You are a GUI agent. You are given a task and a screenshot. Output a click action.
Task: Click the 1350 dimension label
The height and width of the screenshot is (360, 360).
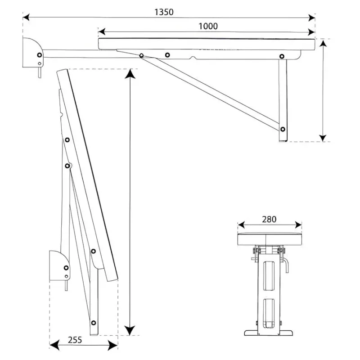click(164, 12)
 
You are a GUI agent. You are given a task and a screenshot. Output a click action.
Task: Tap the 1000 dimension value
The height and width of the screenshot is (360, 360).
click(208, 26)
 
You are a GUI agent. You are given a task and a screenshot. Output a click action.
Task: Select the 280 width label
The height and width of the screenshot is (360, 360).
click(269, 219)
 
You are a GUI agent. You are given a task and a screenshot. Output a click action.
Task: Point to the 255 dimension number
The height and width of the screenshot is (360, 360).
click(75, 340)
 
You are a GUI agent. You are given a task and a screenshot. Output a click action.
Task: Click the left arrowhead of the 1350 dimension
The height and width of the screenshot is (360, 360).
click(26, 17)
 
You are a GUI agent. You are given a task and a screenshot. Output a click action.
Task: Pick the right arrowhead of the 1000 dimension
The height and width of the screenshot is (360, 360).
click(311, 32)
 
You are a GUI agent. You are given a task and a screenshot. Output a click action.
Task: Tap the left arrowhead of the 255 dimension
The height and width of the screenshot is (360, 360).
click(54, 345)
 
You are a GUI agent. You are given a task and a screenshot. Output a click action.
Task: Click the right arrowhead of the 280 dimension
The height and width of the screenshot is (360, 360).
click(298, 225)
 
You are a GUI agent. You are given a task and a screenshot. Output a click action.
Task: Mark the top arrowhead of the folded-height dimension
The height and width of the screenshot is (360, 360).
click(130, 74)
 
